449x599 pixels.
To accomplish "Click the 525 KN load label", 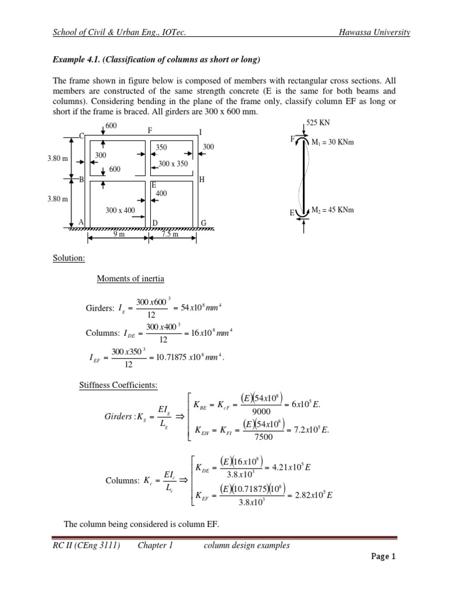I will click(316, 123).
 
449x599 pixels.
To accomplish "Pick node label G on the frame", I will click(203, 222).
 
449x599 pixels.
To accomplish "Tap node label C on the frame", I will click(81, 136).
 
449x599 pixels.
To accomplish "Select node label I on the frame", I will click(201, 131).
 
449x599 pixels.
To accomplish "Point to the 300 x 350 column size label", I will click(173, 164).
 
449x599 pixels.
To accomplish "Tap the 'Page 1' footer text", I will click(384, 556).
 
